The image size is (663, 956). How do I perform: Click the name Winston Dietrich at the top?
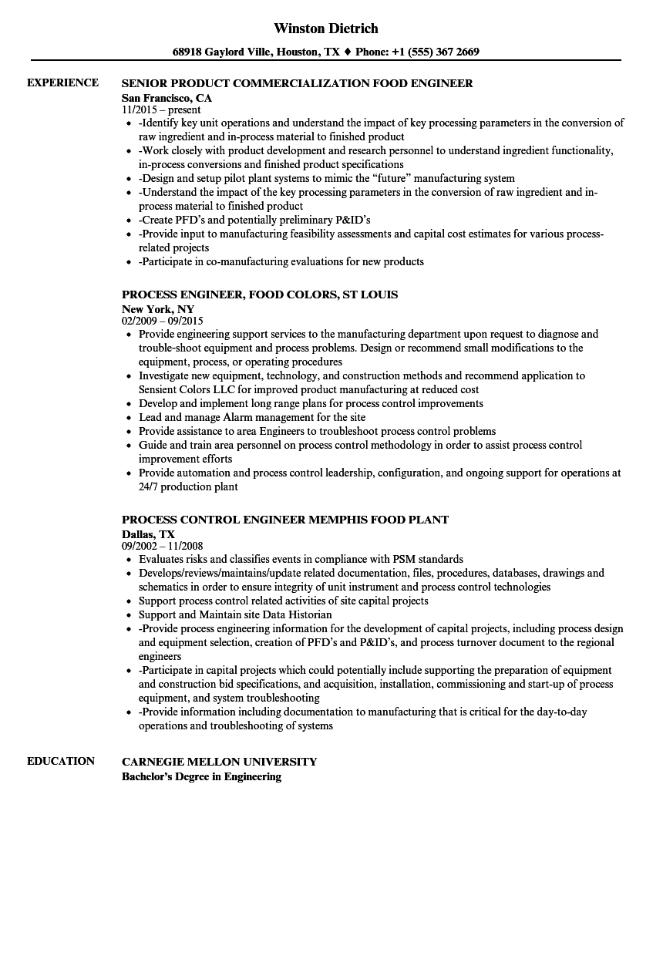[325, 29]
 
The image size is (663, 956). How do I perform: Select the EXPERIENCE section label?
[62, 82]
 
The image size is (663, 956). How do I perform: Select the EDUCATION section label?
[61, 761]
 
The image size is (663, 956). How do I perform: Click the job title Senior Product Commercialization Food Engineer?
[297, 83]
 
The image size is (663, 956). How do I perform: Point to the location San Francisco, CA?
[167, 98]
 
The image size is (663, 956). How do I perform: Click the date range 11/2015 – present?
[161, 110]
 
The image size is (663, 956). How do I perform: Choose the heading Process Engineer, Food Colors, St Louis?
[260, 295]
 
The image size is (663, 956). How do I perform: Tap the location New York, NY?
[158, 309]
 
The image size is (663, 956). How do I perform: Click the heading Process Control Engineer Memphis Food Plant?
[285, 520]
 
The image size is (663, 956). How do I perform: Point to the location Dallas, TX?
[148, 534]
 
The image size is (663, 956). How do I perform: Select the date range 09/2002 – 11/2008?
[163, 547]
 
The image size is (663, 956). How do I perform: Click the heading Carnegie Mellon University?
[219, 762]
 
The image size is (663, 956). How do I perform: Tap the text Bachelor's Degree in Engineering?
[201, 776]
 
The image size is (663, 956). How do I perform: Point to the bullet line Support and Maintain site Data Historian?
[235, 615]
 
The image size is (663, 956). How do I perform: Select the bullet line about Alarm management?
[252, 418]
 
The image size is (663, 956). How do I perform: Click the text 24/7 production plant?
[188, 487]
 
